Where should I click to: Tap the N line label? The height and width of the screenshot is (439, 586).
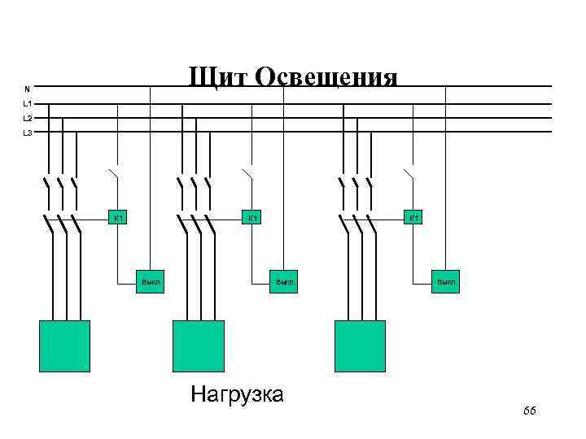pyautogui.click(x=27, y=88)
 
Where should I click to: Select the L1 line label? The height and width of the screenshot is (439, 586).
pyautogui.click(x=28, y=103)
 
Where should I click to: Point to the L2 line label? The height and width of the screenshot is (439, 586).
pyautogui.click(x=28, y=118)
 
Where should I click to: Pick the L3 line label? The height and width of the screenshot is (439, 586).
pyautogui.click(x=28, y=133)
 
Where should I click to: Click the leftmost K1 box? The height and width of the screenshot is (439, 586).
pyautogui.click(x=118, y=218)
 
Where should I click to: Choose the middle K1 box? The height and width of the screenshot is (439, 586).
pyautogui.click(x=253, y=218)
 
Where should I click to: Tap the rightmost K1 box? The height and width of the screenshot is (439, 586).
pyautogui.click(x=414, y=218)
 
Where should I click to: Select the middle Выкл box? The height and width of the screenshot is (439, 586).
pyautogui.click(x=284, y=281)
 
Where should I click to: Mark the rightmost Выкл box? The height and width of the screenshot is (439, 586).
pyautogui.click(x=446, y=281)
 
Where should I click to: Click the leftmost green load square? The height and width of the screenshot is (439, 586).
pyautogui.click(x=64, y=346)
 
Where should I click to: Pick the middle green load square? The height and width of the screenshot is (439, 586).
pyautogui.click(x=198, y=346)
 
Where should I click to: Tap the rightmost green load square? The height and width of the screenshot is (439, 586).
pyautogui.click(x=360, y=346)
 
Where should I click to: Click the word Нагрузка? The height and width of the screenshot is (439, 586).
pyautogui.click(x=237, y=395)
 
